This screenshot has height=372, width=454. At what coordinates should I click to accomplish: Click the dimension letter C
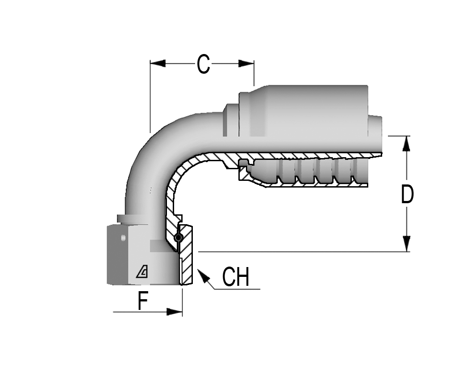(x=203, y=64)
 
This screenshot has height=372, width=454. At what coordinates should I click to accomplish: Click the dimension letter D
(x=407, y=194)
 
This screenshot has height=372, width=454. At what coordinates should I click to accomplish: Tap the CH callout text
(x=235, y=277)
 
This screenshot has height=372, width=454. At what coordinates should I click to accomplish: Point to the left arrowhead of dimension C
(x=158, y=64)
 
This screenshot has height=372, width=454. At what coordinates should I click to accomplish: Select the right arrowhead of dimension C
(x=246, y=64)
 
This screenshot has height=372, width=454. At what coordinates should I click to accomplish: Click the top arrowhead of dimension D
(x=407, y=143)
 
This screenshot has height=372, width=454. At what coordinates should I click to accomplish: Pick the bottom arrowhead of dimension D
(x=407, y=244)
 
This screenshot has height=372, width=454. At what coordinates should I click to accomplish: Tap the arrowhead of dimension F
(x=175, y=312)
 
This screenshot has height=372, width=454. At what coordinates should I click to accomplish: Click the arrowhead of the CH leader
(x=203, y=276)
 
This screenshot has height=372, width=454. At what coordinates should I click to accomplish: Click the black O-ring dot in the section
(x=179, y=238)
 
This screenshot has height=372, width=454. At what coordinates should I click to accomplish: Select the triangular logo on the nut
(x=142, y=272)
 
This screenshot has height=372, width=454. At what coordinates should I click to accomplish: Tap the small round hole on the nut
(x=123, y=238)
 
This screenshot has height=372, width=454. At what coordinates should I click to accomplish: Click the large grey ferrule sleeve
(x=303, y=111)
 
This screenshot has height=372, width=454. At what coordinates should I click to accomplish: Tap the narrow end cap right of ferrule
(x=375, y=126)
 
